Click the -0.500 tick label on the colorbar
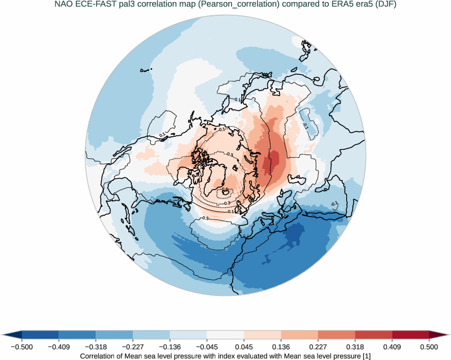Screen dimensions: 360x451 click(x=21, y=347)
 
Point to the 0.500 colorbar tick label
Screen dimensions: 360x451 click(x=429, y=347)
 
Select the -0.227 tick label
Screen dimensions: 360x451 click(x=132, y=347)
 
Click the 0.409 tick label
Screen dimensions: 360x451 click(x=392, y=347)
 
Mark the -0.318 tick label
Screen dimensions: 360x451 click(x=96, y=347)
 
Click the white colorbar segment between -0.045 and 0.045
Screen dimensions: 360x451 click(x=225, y=335)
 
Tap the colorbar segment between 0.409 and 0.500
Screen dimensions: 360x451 click(x=410, y=335)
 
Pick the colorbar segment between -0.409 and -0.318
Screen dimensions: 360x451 click(x=77, y=335)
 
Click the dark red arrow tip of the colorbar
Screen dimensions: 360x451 click(x=439, y=335)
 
